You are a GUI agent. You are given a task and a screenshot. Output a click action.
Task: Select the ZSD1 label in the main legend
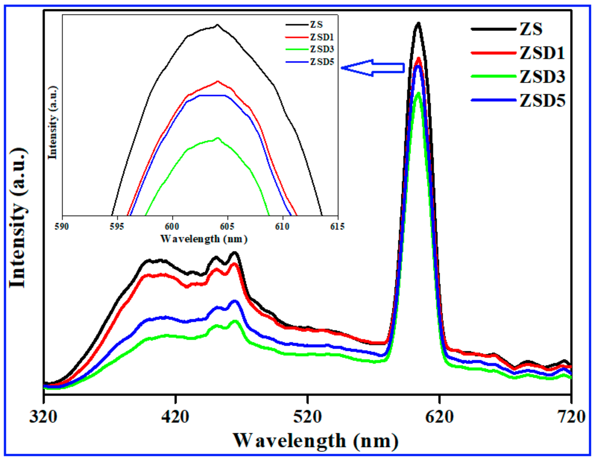542,53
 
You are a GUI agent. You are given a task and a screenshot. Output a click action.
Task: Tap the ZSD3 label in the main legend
542,77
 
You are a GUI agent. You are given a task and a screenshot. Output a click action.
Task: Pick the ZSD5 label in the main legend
542,101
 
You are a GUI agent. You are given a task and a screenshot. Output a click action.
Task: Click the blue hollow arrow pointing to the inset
373,68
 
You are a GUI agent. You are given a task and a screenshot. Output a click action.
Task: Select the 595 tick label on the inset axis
117,227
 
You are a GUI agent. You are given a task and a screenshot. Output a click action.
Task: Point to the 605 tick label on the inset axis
227,227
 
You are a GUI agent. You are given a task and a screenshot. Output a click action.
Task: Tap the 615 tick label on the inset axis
337,227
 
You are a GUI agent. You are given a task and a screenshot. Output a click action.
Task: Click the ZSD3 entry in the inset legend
322,50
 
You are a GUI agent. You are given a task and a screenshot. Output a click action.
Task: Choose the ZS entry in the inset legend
316,25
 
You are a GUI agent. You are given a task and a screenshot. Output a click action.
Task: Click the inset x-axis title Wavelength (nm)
204,239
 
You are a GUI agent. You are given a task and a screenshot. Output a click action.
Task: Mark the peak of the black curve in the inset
217,25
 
